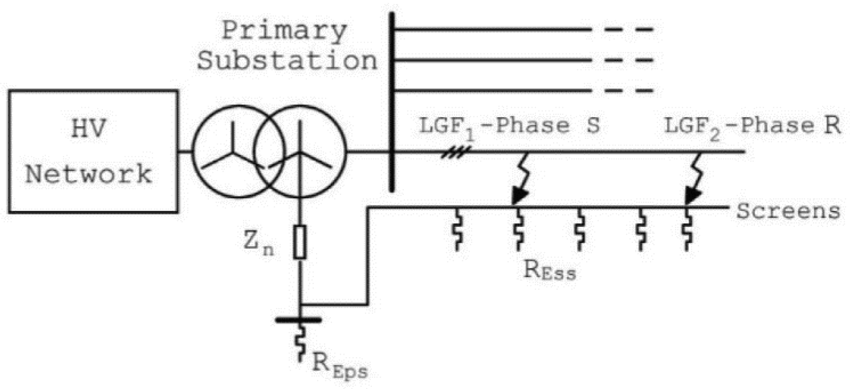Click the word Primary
[x=284, y=31]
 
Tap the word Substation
[x=287, y=61]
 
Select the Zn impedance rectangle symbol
[x=300, y=242]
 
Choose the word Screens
[x=788, y=211]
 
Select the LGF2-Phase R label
[x=752, y=126]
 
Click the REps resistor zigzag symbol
[x=301, y=343]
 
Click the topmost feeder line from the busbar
[x=493, y=30]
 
